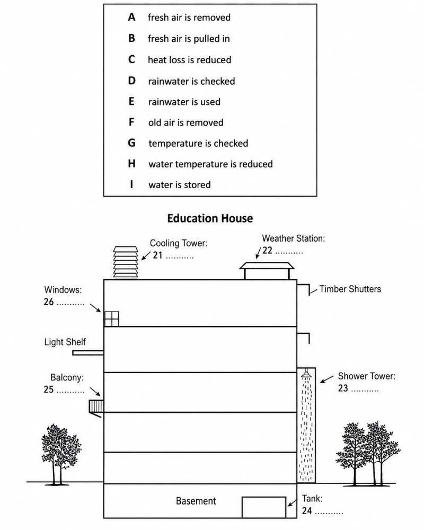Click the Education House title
(x=210, y=218)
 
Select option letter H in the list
(x=131, y=164)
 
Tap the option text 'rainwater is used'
(x=184, y=102)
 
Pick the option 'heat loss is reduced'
(x=189, y=60)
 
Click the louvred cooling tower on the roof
(x=126, y=262)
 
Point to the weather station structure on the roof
(x=267, y=270)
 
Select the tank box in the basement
(x=264, y=507)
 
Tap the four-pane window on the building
(x=112, y=319)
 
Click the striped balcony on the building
(x=96, y=406)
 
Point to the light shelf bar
(x=88, y=353)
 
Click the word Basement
(x=196, y=501)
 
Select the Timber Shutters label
(x=350, y=289)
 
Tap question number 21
(x=157, y=255)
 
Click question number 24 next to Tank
(x=307, y=510)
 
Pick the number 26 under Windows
(x=49, y=302)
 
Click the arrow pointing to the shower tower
(x=327, y=379)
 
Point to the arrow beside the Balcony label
(x=95, y=392)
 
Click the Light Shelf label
(x=65, y=342)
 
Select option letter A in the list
(x=131, y=17)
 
